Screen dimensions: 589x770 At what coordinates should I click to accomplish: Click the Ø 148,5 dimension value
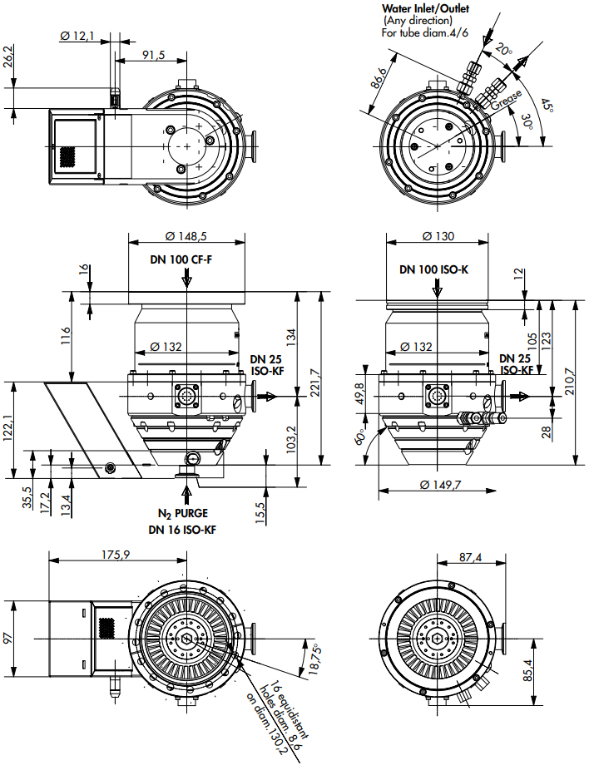tap(186, 236)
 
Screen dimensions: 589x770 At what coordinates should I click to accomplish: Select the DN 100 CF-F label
tap(181, 259)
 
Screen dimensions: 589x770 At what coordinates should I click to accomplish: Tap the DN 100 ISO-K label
tap(433, 269)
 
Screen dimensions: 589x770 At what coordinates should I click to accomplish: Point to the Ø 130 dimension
tap(438, 236)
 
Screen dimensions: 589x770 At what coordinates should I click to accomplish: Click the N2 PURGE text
tap(183, 514)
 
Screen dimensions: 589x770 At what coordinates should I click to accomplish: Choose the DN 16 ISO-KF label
tap(182, 530)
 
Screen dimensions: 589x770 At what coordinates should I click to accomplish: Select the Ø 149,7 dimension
tap(441, 485)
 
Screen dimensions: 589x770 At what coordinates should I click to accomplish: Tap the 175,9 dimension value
tap(116, 555)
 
